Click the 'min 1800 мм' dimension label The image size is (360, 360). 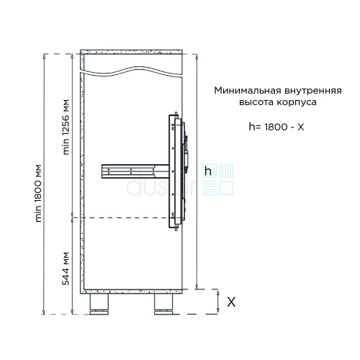tap(39, 193)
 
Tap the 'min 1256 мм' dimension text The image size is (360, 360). tap(66, 127)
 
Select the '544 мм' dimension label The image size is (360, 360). tap(66, 269)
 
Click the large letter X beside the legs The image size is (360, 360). tap(231, 302)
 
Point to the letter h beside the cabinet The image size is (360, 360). tap(208, 171)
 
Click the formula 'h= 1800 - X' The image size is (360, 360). tap(276, 127)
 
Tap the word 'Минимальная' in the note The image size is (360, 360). tap(248, 91)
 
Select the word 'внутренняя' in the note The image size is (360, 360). tap(313, 91)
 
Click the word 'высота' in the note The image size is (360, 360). tap(256, 102)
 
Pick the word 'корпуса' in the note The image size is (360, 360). tap(297, 103)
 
